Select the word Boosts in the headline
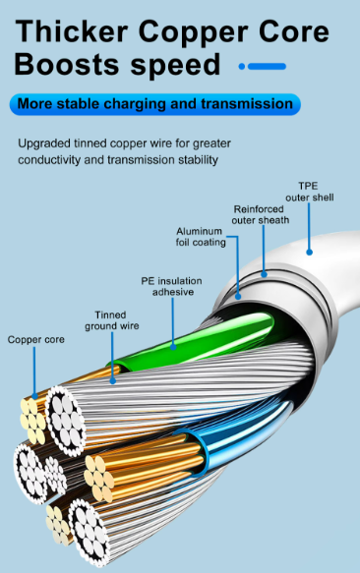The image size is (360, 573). [67, 66]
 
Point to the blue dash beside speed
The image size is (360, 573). [263, 67]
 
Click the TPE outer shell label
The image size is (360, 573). [309, 192]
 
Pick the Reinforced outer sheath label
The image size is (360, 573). [261, 214]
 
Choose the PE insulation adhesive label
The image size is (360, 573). [172, 286]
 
